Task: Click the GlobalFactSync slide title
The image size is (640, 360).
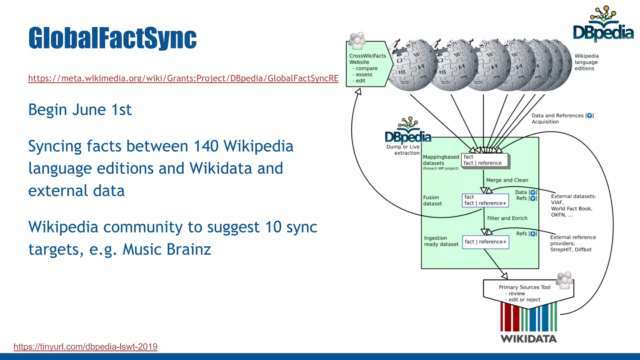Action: pyautogui.click(x=112, y=38)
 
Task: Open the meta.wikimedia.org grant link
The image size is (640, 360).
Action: pyautogui.click(x=183, y=78)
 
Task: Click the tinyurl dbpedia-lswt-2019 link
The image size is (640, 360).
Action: pyautogui.click(x=85, y=347)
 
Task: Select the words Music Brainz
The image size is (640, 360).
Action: pyautogui.click(x=167, y=249)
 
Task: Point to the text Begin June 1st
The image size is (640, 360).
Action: pyautogui.click(x=80, y=110)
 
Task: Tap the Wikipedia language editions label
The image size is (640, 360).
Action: pyautogui.click(x=586, y=62)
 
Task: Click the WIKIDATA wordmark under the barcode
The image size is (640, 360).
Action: pyautogui.click(x=528, y=339)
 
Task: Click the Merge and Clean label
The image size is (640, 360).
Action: pyautogui.click(x=507, y=180)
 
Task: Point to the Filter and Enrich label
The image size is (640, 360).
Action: pyautogui.click(x=507, y=218)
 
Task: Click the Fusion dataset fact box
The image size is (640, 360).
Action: pyautogui.click(x=485, y=200)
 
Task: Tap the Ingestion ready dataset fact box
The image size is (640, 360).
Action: pyautogui.click(x=485, y=242)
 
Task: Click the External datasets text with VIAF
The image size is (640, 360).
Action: pyautogui.click(x=573, y=205)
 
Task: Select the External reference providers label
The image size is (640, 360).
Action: pyautogui.click(x=572, y=243)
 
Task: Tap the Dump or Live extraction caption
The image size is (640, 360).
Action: pyautogui.click(x=403, y=150)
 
